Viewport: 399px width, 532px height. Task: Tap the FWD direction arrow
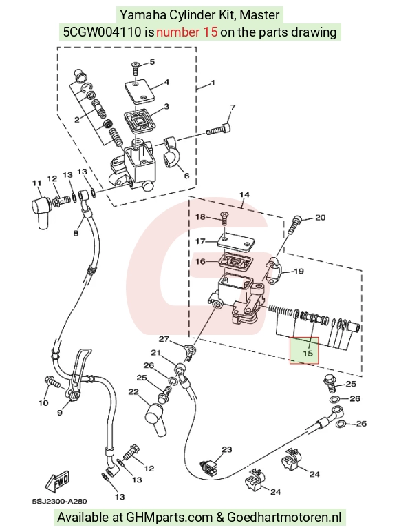58,481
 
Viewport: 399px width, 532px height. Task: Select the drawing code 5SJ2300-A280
60,501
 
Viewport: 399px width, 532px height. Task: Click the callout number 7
233,108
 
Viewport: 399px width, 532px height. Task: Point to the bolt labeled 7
219,130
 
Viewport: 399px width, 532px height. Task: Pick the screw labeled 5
136,68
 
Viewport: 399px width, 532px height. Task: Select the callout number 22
133,392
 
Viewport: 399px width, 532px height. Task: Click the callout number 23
226,449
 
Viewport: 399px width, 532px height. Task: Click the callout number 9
60,413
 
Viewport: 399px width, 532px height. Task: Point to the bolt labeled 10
52,382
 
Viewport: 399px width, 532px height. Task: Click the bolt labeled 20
294,224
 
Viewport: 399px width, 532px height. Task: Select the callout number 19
299,271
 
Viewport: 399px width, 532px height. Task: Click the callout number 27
164,339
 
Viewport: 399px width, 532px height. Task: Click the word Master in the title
262,15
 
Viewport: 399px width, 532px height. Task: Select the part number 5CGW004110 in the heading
103,32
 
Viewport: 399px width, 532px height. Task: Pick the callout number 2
77,120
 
